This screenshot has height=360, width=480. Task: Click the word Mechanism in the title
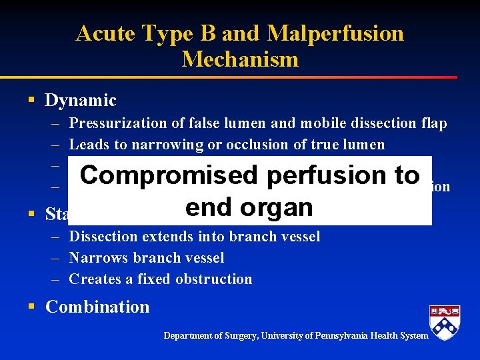(x=240, y=59)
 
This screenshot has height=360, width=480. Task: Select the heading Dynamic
(x=81, y=101)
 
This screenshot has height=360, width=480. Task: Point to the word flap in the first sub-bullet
(x=433, y=123)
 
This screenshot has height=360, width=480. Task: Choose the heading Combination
(x=97, y=307)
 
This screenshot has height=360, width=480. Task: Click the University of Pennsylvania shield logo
(x=445, y=323)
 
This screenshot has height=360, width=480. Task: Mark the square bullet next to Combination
(x=31, y=307)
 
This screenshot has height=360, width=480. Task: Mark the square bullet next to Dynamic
(x=31, y=101)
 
